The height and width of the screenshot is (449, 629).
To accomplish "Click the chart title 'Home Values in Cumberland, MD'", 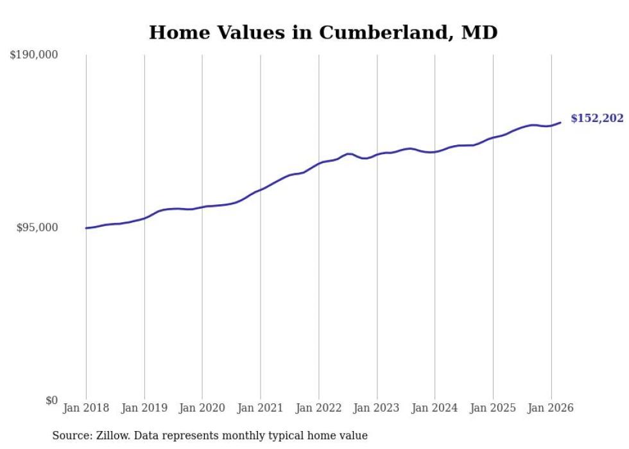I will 323,32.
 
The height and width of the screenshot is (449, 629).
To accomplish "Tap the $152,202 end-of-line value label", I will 596,118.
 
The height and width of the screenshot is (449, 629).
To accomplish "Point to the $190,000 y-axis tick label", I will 33,55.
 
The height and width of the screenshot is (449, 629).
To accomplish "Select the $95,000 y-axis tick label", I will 37,227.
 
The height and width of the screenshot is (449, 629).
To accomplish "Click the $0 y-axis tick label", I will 51,400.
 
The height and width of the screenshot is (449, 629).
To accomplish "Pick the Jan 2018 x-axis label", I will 86,408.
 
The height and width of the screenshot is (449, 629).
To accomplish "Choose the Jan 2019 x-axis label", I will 144,408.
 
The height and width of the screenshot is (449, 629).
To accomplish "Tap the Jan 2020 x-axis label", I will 202,408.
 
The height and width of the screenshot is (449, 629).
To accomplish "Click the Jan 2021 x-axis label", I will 261,408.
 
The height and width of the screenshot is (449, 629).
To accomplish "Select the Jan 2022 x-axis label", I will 318,408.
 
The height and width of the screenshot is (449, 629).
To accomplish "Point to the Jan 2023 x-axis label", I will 377,408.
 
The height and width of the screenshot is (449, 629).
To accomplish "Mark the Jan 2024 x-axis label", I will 435,408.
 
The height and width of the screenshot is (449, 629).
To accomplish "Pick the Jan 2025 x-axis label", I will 493,408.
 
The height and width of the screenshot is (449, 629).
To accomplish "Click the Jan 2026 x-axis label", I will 551,408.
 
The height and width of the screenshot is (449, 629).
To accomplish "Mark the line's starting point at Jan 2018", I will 86,228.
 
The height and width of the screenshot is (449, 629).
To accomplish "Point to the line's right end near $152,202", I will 560,123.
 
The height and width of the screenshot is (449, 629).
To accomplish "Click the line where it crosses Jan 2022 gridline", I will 318,163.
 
